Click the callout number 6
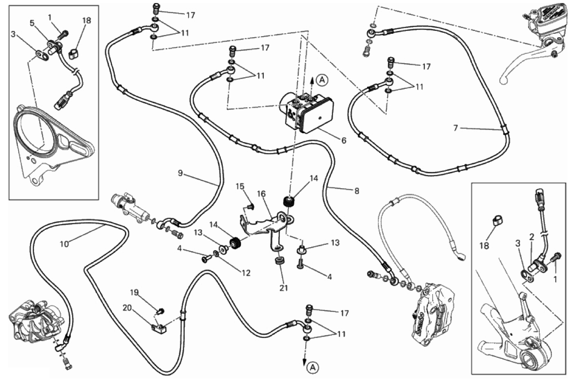click(343, 141)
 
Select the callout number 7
click(455, 128)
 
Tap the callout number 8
click(356, 191)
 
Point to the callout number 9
click(180, 173)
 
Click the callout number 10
click(64, 244)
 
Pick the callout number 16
click(261, 194)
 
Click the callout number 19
click(135, 292)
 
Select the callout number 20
click(127, 307)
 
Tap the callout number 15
click(240, 186)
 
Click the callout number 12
click(246, 273)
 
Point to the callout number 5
click(32, 23)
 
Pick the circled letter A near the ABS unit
click(323, 79)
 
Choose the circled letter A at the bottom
click(313, 367)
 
